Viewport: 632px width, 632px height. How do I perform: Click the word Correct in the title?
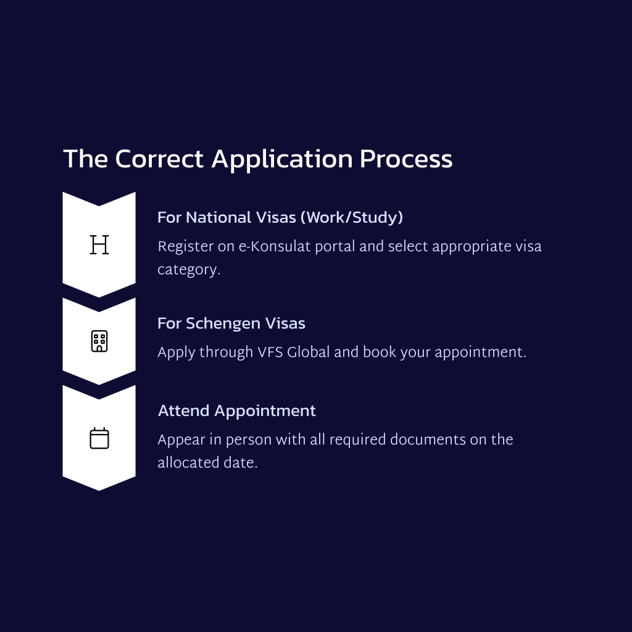(159, 159)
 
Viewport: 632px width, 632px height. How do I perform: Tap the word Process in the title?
(406, 159)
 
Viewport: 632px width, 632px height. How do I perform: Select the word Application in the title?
(282, 160)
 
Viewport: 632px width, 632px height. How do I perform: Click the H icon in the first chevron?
(99, 244)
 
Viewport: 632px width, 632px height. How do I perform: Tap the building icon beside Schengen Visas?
(99, 341)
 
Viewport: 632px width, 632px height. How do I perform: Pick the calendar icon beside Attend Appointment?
(99, 438)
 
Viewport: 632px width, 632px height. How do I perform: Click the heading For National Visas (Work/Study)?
(280, 218)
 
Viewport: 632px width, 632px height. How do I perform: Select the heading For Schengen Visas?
(231, 323)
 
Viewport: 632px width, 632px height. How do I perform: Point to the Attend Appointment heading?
(237, 410)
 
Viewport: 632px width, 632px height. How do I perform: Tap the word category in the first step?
(189, 270)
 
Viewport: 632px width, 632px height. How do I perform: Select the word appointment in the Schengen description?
(480, 352)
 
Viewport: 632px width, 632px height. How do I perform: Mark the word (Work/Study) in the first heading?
(352, 218)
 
